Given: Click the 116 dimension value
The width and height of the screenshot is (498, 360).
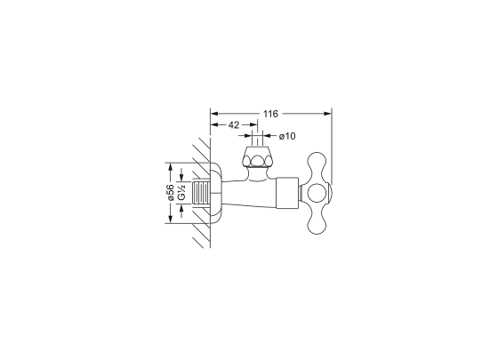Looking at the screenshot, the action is tap(270, 114).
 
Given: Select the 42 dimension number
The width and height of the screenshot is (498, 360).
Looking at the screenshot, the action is tap(233, 125).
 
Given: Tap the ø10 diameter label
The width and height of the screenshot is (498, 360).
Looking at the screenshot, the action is tap(287, 136).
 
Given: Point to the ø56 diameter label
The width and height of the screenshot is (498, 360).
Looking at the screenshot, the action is tap(170, 193).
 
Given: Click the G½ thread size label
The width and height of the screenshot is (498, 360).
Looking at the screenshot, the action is tap(181, 193).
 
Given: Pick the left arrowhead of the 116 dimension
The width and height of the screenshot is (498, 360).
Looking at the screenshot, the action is tap(215, 114).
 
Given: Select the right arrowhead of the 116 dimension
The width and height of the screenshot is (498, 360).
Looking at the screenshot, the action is tap(327, 114).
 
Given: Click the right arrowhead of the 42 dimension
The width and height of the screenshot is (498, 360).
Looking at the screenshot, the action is tap(253, 125).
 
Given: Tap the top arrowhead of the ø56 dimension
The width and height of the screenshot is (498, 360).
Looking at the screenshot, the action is tap(171, 167).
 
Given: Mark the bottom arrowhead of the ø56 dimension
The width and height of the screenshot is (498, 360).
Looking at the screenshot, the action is tap(171, 219).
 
